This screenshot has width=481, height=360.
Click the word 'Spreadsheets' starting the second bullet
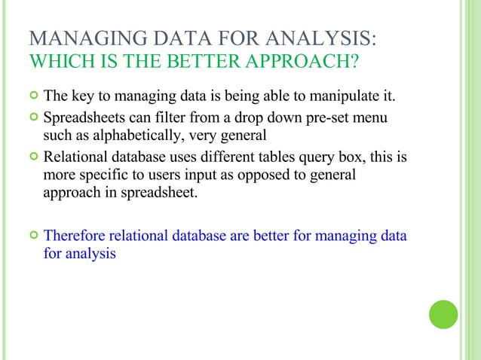pyautogui.click(x=85, y=118)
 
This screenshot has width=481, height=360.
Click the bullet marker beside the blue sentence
pyautogui.click(x=32, y=236)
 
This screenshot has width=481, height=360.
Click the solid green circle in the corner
pyautogui.click(x=444, y=314)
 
